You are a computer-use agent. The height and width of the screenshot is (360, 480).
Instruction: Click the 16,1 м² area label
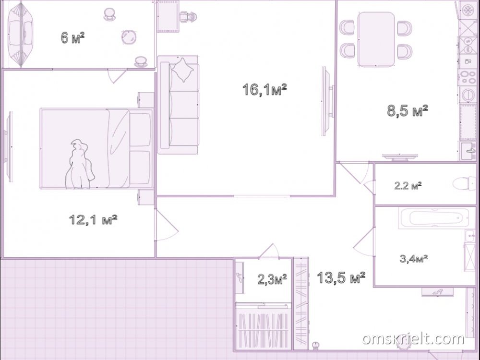click(264, 89)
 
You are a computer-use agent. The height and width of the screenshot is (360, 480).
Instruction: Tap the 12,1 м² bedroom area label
click(93, 219)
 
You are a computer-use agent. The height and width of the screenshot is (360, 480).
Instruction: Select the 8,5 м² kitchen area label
click(408, 110)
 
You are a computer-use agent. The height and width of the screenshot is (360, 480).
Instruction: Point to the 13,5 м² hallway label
click(341, 277)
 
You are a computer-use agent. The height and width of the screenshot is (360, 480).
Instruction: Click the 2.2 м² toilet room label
click(408, 185)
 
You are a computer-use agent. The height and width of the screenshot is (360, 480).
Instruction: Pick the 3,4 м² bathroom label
click(414, 259)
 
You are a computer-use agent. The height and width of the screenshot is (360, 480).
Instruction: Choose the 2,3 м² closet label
click(272, 279)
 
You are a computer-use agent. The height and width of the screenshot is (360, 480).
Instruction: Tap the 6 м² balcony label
click(72, 37)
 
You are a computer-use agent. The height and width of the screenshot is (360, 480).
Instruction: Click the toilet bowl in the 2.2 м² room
click(464, 184)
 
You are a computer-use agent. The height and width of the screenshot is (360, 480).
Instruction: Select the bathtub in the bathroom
click(434, 218)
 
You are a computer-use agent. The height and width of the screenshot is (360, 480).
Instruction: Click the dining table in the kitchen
click(376, 39)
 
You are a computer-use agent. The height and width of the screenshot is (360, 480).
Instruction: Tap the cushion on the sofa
click(182, 70)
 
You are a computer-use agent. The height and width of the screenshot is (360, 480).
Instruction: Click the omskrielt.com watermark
click(413, 338)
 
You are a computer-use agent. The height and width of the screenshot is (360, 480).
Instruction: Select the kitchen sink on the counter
click(468, 151)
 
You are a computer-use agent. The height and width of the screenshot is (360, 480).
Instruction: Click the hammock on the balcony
click(20, 34)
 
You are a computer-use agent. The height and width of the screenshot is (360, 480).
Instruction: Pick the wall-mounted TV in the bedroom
click(8, 147)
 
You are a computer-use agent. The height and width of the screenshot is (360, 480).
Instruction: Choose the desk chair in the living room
click(187, 17)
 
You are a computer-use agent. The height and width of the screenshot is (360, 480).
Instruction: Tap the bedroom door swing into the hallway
click(167, 225)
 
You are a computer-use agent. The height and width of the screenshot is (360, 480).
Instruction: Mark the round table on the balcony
click(129, 37)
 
